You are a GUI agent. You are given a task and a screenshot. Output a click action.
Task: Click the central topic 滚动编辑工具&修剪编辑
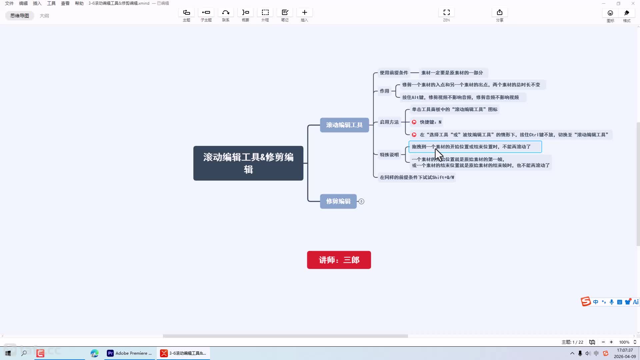click(x=248, y=163)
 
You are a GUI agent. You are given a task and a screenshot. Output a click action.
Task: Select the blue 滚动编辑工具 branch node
click(x=344, y=125)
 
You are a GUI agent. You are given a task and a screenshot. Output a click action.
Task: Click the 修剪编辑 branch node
click(x=338, y=201)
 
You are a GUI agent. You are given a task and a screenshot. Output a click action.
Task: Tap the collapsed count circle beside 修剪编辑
click(x=361, y=201)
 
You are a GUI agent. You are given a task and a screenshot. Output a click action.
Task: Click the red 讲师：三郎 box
click(x=339, y=260)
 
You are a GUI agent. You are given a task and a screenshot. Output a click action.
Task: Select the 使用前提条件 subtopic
click(x=394, y=73)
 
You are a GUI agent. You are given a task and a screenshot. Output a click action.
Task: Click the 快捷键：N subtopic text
click(x=430, y=122)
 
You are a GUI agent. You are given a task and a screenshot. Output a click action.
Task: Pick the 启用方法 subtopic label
click(x=389, y=122)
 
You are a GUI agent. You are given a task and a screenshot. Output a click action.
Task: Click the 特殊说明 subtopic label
click(x=389, y=155)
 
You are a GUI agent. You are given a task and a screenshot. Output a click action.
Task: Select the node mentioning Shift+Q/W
click(x=417, y=177)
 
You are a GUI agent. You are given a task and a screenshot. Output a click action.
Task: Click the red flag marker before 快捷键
click(x=414, y=122)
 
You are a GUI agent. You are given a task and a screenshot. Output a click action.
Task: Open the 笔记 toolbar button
click(x=285, y=15)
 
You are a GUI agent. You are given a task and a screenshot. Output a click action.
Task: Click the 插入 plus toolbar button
click(x=304, y=15)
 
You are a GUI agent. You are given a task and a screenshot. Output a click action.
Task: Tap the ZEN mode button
click(x=446, y=15)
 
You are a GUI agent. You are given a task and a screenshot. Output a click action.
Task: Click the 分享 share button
click(x=499, y=15)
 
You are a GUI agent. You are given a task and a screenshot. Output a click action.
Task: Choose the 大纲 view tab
click(x=44, y=16)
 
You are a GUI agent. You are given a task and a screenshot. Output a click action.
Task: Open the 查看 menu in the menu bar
click(x=65, y=3)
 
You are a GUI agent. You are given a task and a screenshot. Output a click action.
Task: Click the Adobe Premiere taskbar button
click(x=129, y=353)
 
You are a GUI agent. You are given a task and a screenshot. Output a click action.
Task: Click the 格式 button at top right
click(x=627, y=15)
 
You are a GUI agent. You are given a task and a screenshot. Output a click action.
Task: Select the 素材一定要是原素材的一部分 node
click(x=452, y=73)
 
